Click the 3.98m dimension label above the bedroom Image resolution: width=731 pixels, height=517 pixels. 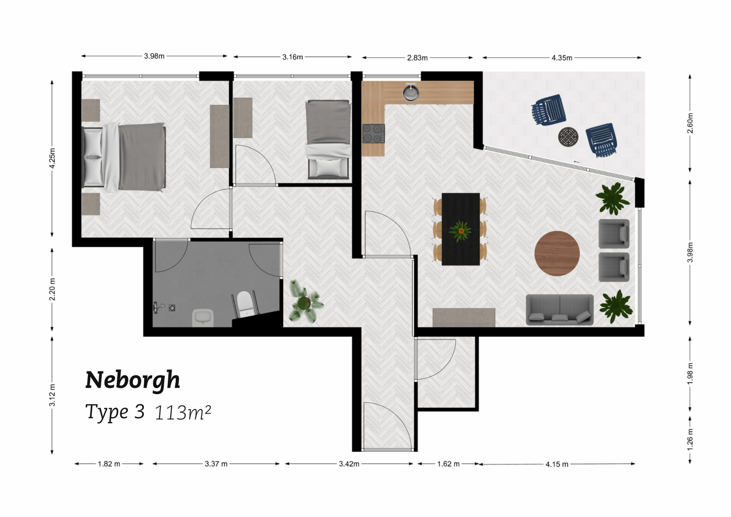click(154, 56)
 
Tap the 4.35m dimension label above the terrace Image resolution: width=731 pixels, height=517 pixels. click(562, 58)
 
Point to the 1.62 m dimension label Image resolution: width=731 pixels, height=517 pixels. click(448, 464)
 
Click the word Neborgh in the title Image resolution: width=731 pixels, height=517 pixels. click(132, 380)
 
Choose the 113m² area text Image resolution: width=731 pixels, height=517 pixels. click(183, 413)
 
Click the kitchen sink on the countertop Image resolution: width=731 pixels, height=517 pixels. click(411, 92)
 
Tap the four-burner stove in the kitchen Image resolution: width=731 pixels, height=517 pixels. click(374, 133)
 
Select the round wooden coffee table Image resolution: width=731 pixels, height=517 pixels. click(557, 253)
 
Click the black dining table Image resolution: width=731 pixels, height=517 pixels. click(461, 229)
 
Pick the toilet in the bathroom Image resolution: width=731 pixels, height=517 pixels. click(244, 303)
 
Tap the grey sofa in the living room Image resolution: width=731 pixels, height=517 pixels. click(559, 309)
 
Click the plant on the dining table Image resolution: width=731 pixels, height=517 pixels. click(460, 231)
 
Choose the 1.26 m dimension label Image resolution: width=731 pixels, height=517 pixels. click(690, 440)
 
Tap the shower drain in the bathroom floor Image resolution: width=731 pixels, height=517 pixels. click(172, 308)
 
